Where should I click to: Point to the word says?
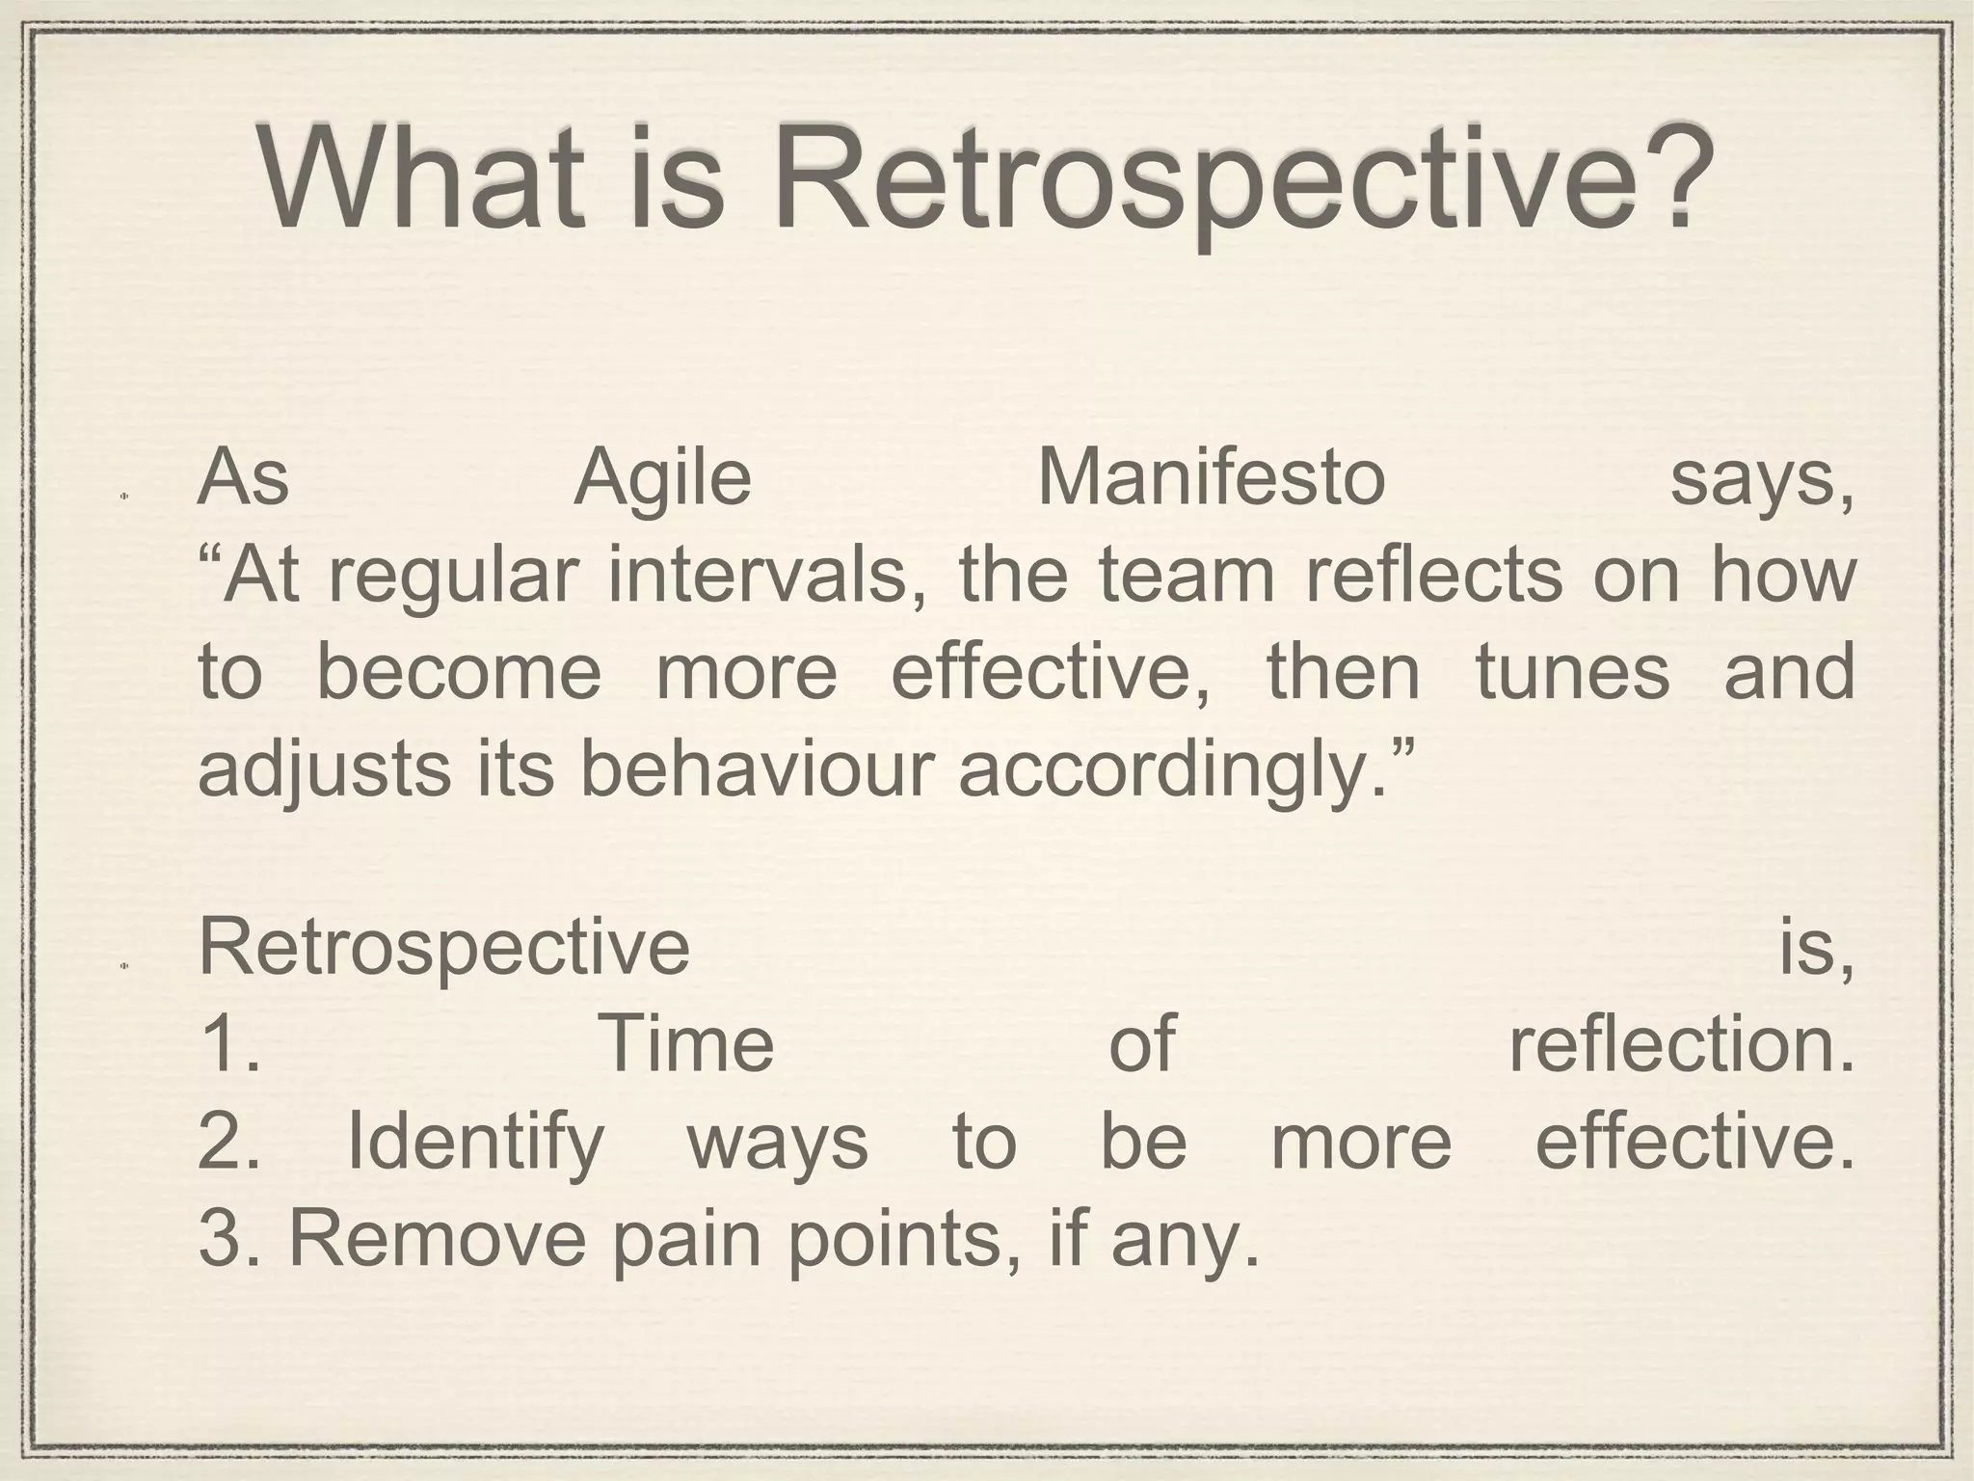tap(1761, 482)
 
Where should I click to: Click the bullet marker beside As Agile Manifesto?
tap(124, 498)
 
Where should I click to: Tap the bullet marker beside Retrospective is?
tap(124, 965)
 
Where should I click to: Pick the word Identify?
tap(474, 1144)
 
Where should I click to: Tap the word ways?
tap(777, 1144)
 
